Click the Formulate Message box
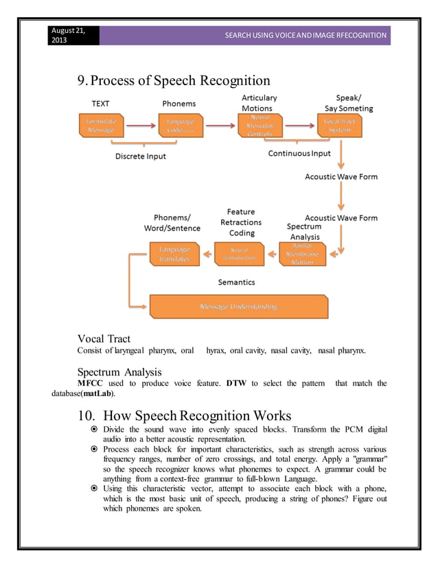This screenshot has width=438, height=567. (101, 126)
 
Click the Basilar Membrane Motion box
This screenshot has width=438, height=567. (303, 254)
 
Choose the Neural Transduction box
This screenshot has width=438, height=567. (238, 254)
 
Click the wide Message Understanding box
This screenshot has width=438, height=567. (238, 306)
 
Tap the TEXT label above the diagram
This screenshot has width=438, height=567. (101, 104)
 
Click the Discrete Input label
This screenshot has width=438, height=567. (140, 156)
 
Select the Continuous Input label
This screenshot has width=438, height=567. (299, 153)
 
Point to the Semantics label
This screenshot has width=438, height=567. (236, 281)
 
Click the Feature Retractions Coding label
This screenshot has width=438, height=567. (241, 222)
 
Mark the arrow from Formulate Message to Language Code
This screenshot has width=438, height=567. (140, 126)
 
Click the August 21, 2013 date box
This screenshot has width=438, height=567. (73, 35)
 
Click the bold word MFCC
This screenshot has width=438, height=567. (91, 383)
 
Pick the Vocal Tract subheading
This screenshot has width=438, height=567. (104, 338)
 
